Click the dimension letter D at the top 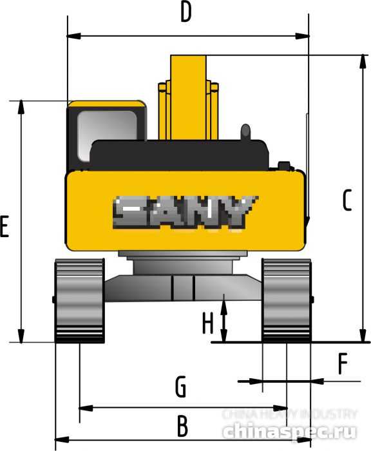[186, 14]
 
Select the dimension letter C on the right [347, 201]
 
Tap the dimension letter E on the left [5, 228]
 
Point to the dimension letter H [207, 323]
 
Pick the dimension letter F [343, 365]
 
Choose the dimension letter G [181, 388]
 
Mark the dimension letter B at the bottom [182, 426]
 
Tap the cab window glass [106, 132]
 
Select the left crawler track [80, 300]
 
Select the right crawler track [286, 300]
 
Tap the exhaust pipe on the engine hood [245, 131]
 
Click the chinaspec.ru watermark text [289, 430]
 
